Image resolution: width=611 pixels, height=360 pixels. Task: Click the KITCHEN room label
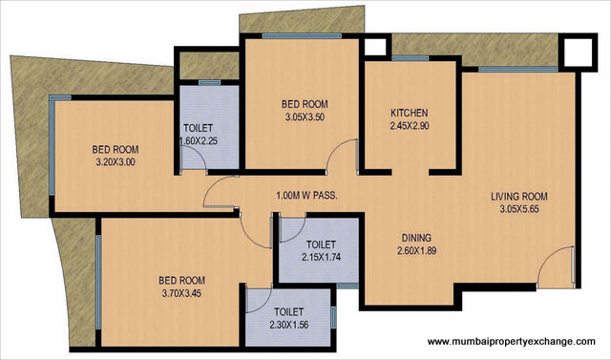(x=408, y=112)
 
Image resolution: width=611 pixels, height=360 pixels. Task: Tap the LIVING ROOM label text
(x=519, y=198)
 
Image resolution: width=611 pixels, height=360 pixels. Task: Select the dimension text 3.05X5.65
(x=519, y=211)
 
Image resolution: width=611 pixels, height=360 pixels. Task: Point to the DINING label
(x=416, y=238)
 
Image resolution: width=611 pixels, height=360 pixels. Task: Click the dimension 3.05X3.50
(x=305, y=117)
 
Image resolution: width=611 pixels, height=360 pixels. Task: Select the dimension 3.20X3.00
(x=116, y=162)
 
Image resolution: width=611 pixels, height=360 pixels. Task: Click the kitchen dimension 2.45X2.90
(x=408, y=125)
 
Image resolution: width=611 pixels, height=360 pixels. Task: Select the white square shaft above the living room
(x=576, y=50)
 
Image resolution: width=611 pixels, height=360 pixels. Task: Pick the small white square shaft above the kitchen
(x=375, y=46)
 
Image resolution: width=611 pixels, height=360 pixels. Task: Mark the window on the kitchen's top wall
(x=410, y=58)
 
